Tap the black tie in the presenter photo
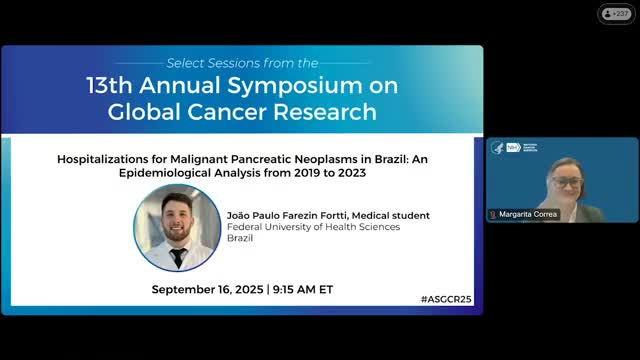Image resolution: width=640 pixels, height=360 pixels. coord(177,257)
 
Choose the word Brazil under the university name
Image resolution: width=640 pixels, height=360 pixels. coord(241,239)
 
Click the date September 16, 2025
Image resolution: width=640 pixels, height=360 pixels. coord(208,289)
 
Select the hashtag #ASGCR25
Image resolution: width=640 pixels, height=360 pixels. coord(448,299)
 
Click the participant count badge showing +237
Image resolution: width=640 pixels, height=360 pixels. coord(616,13)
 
